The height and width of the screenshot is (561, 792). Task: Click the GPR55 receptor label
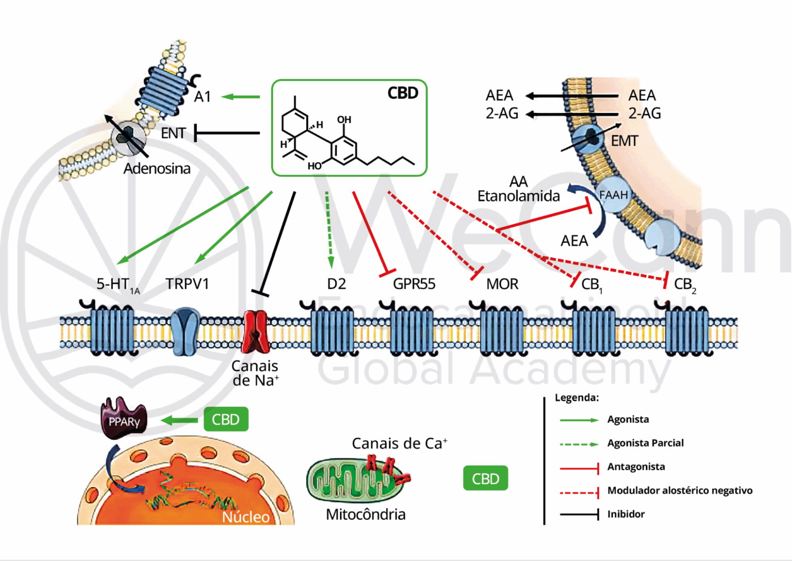pos(414,284)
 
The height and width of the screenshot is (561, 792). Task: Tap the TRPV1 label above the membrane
pos(187,284)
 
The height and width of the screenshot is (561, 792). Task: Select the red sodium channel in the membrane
pos(256,331)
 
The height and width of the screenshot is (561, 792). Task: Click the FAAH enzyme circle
pos(614,196)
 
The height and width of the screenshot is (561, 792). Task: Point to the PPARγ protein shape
pos(124,419)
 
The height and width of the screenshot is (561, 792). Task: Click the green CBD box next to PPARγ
pos(226,420)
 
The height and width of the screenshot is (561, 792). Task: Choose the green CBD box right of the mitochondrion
pos(485,478)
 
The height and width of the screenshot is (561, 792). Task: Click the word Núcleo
pos(245,517)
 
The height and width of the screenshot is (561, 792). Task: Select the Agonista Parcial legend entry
pos(645,443)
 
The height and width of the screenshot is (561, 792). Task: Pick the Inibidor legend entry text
pos(625,514)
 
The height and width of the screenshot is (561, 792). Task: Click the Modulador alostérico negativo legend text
pos(680,490)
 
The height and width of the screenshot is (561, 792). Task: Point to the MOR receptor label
pos(502,284)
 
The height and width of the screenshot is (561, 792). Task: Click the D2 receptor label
pos(336,284)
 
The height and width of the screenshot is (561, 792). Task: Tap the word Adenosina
pos(157,169)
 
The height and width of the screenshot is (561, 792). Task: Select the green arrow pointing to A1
pos(241,97)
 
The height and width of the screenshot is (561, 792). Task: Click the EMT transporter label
pos(624,141)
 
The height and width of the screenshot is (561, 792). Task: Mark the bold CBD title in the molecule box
pos(403,93)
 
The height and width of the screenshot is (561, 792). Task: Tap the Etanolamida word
pos(518,196)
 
